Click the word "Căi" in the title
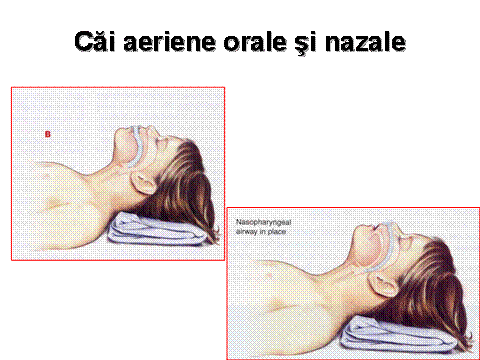tap(95, 42)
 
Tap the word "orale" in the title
tap(255, 42)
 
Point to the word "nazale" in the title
tap(365, 42)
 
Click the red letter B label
tap(48, 134)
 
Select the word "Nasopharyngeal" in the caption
tap(263, 222)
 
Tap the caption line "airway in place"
tap(261, 231)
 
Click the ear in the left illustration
tap(143, 182)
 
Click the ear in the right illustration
tap(383, 285)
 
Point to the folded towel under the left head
tap(157, 230)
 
